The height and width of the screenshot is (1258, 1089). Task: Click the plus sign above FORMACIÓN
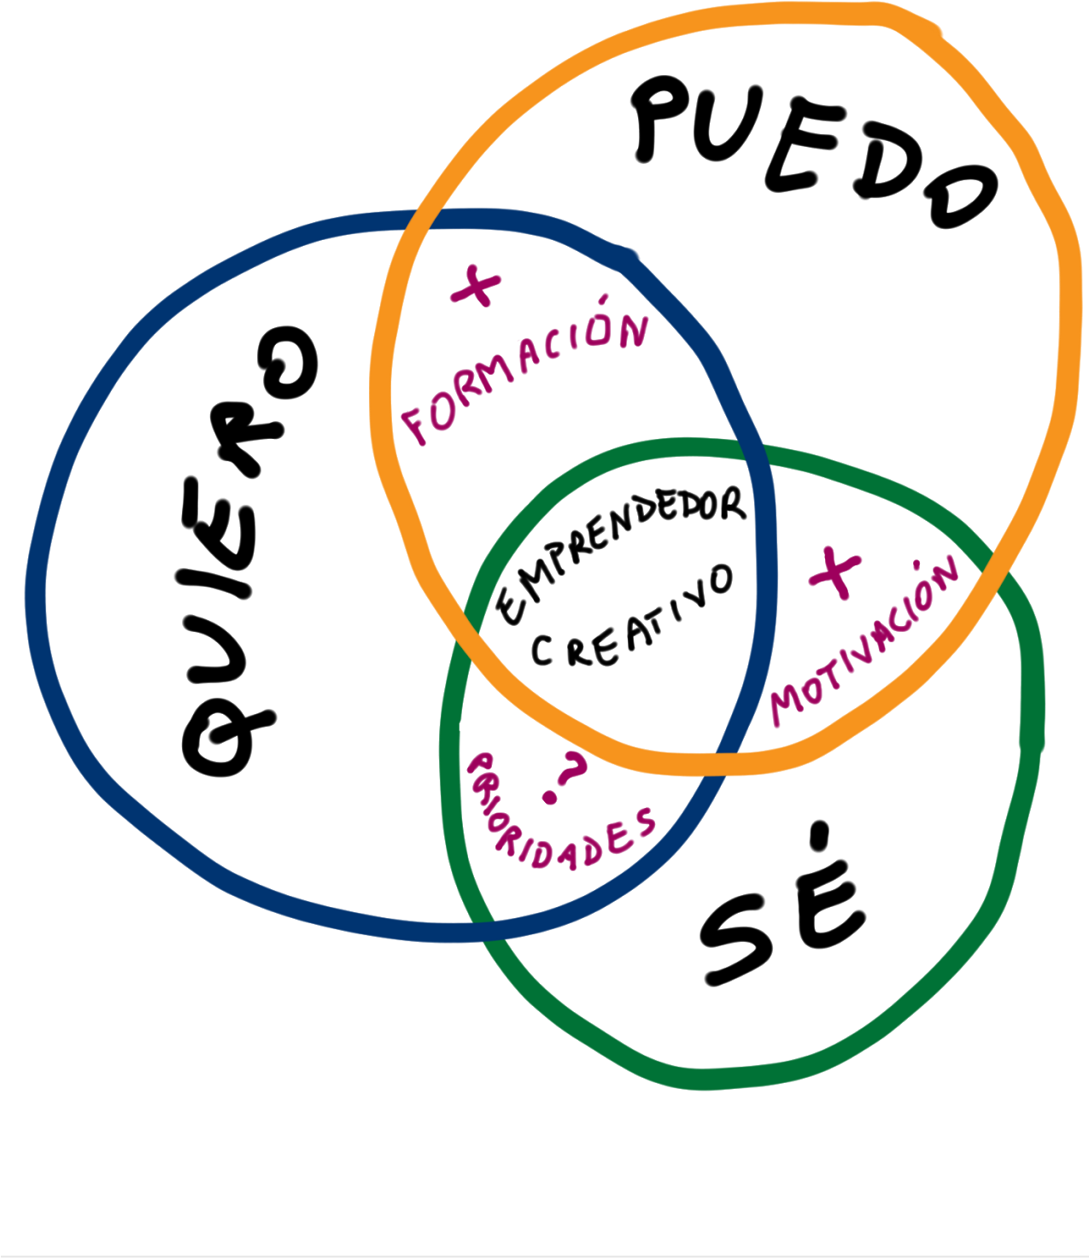click(477, 286)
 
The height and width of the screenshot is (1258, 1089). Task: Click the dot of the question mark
click(550, 799)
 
